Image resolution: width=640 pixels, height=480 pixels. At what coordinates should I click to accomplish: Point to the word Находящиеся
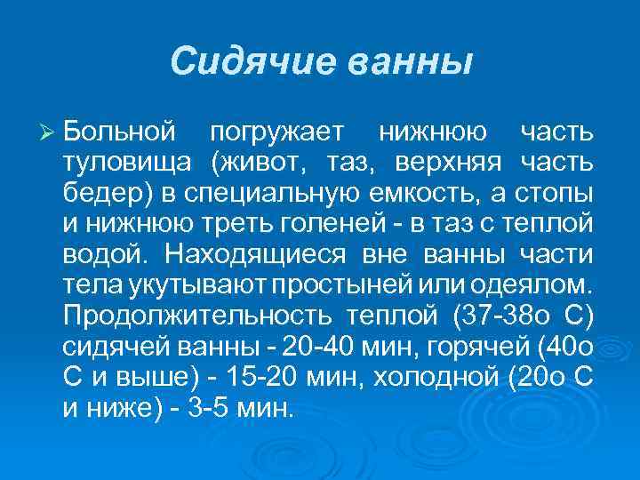point(258,253)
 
